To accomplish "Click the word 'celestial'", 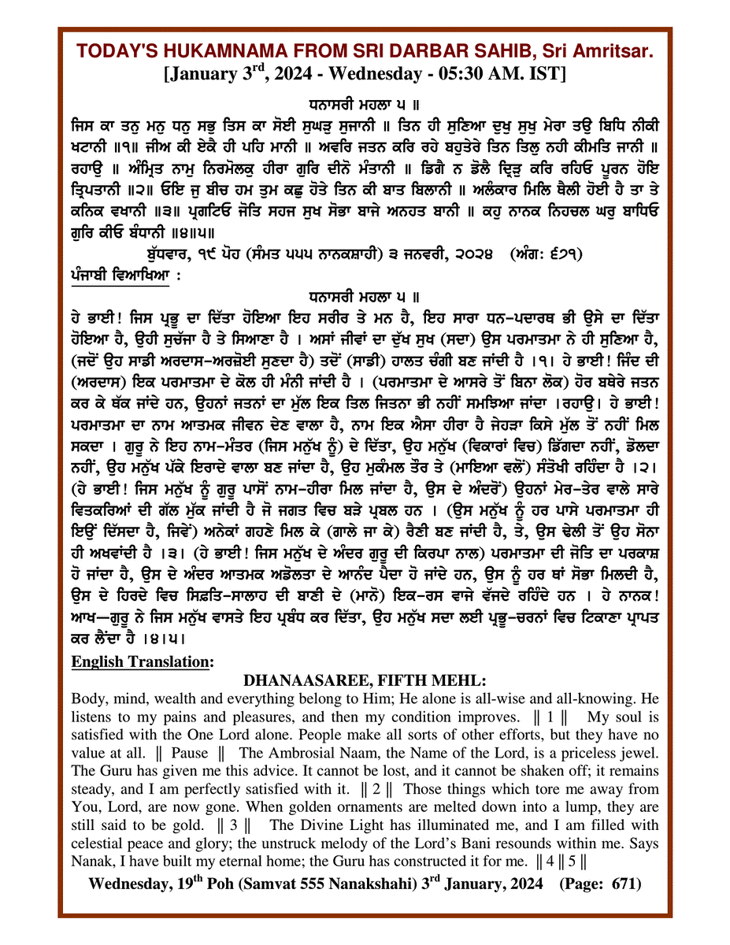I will point(97,843).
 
